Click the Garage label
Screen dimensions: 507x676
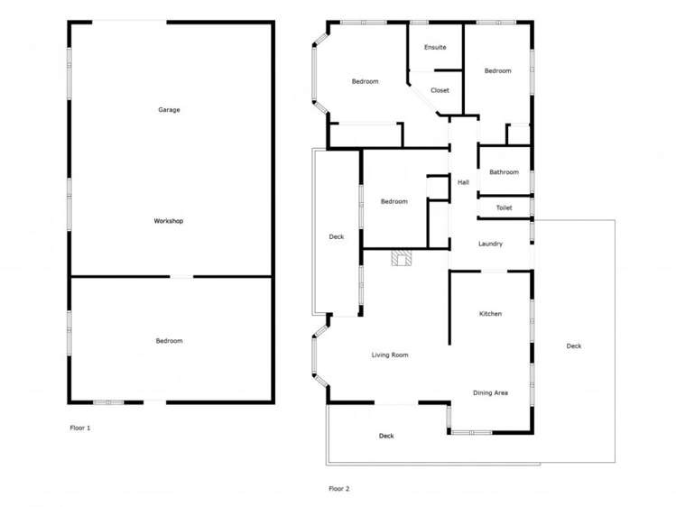[x=169, y=110]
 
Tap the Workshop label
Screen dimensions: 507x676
[x=169, y=221]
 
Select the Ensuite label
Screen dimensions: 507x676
[x=435, y=47]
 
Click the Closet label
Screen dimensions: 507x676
[x=440, y=90]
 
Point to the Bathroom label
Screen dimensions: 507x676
[x=504, y=172]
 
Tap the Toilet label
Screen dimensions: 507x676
[x=504, y=208]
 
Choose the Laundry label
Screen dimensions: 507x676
[x=490, y=244]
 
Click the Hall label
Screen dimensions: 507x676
[x=463, y=182]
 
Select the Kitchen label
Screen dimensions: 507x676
[x=490, y=314]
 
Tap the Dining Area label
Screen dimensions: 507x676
[x=490, y=392]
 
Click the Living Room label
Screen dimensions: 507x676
[x=390, y=355]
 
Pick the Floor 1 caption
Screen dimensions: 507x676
[x=80, y=428]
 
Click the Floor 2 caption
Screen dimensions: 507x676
[x=338, y=488]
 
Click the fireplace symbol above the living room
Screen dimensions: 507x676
[x=402, y=260]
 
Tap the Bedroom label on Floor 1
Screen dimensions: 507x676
[x=169, y=341]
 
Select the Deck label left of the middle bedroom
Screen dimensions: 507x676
[x=336, y=237]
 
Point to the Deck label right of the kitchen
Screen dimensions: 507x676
[x=574, y=346]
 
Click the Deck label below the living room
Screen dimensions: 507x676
[x=386, y=436]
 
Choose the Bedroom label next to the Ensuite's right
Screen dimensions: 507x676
[x=497, y=71]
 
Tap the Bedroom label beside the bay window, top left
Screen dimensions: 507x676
[x=365, y=82]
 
